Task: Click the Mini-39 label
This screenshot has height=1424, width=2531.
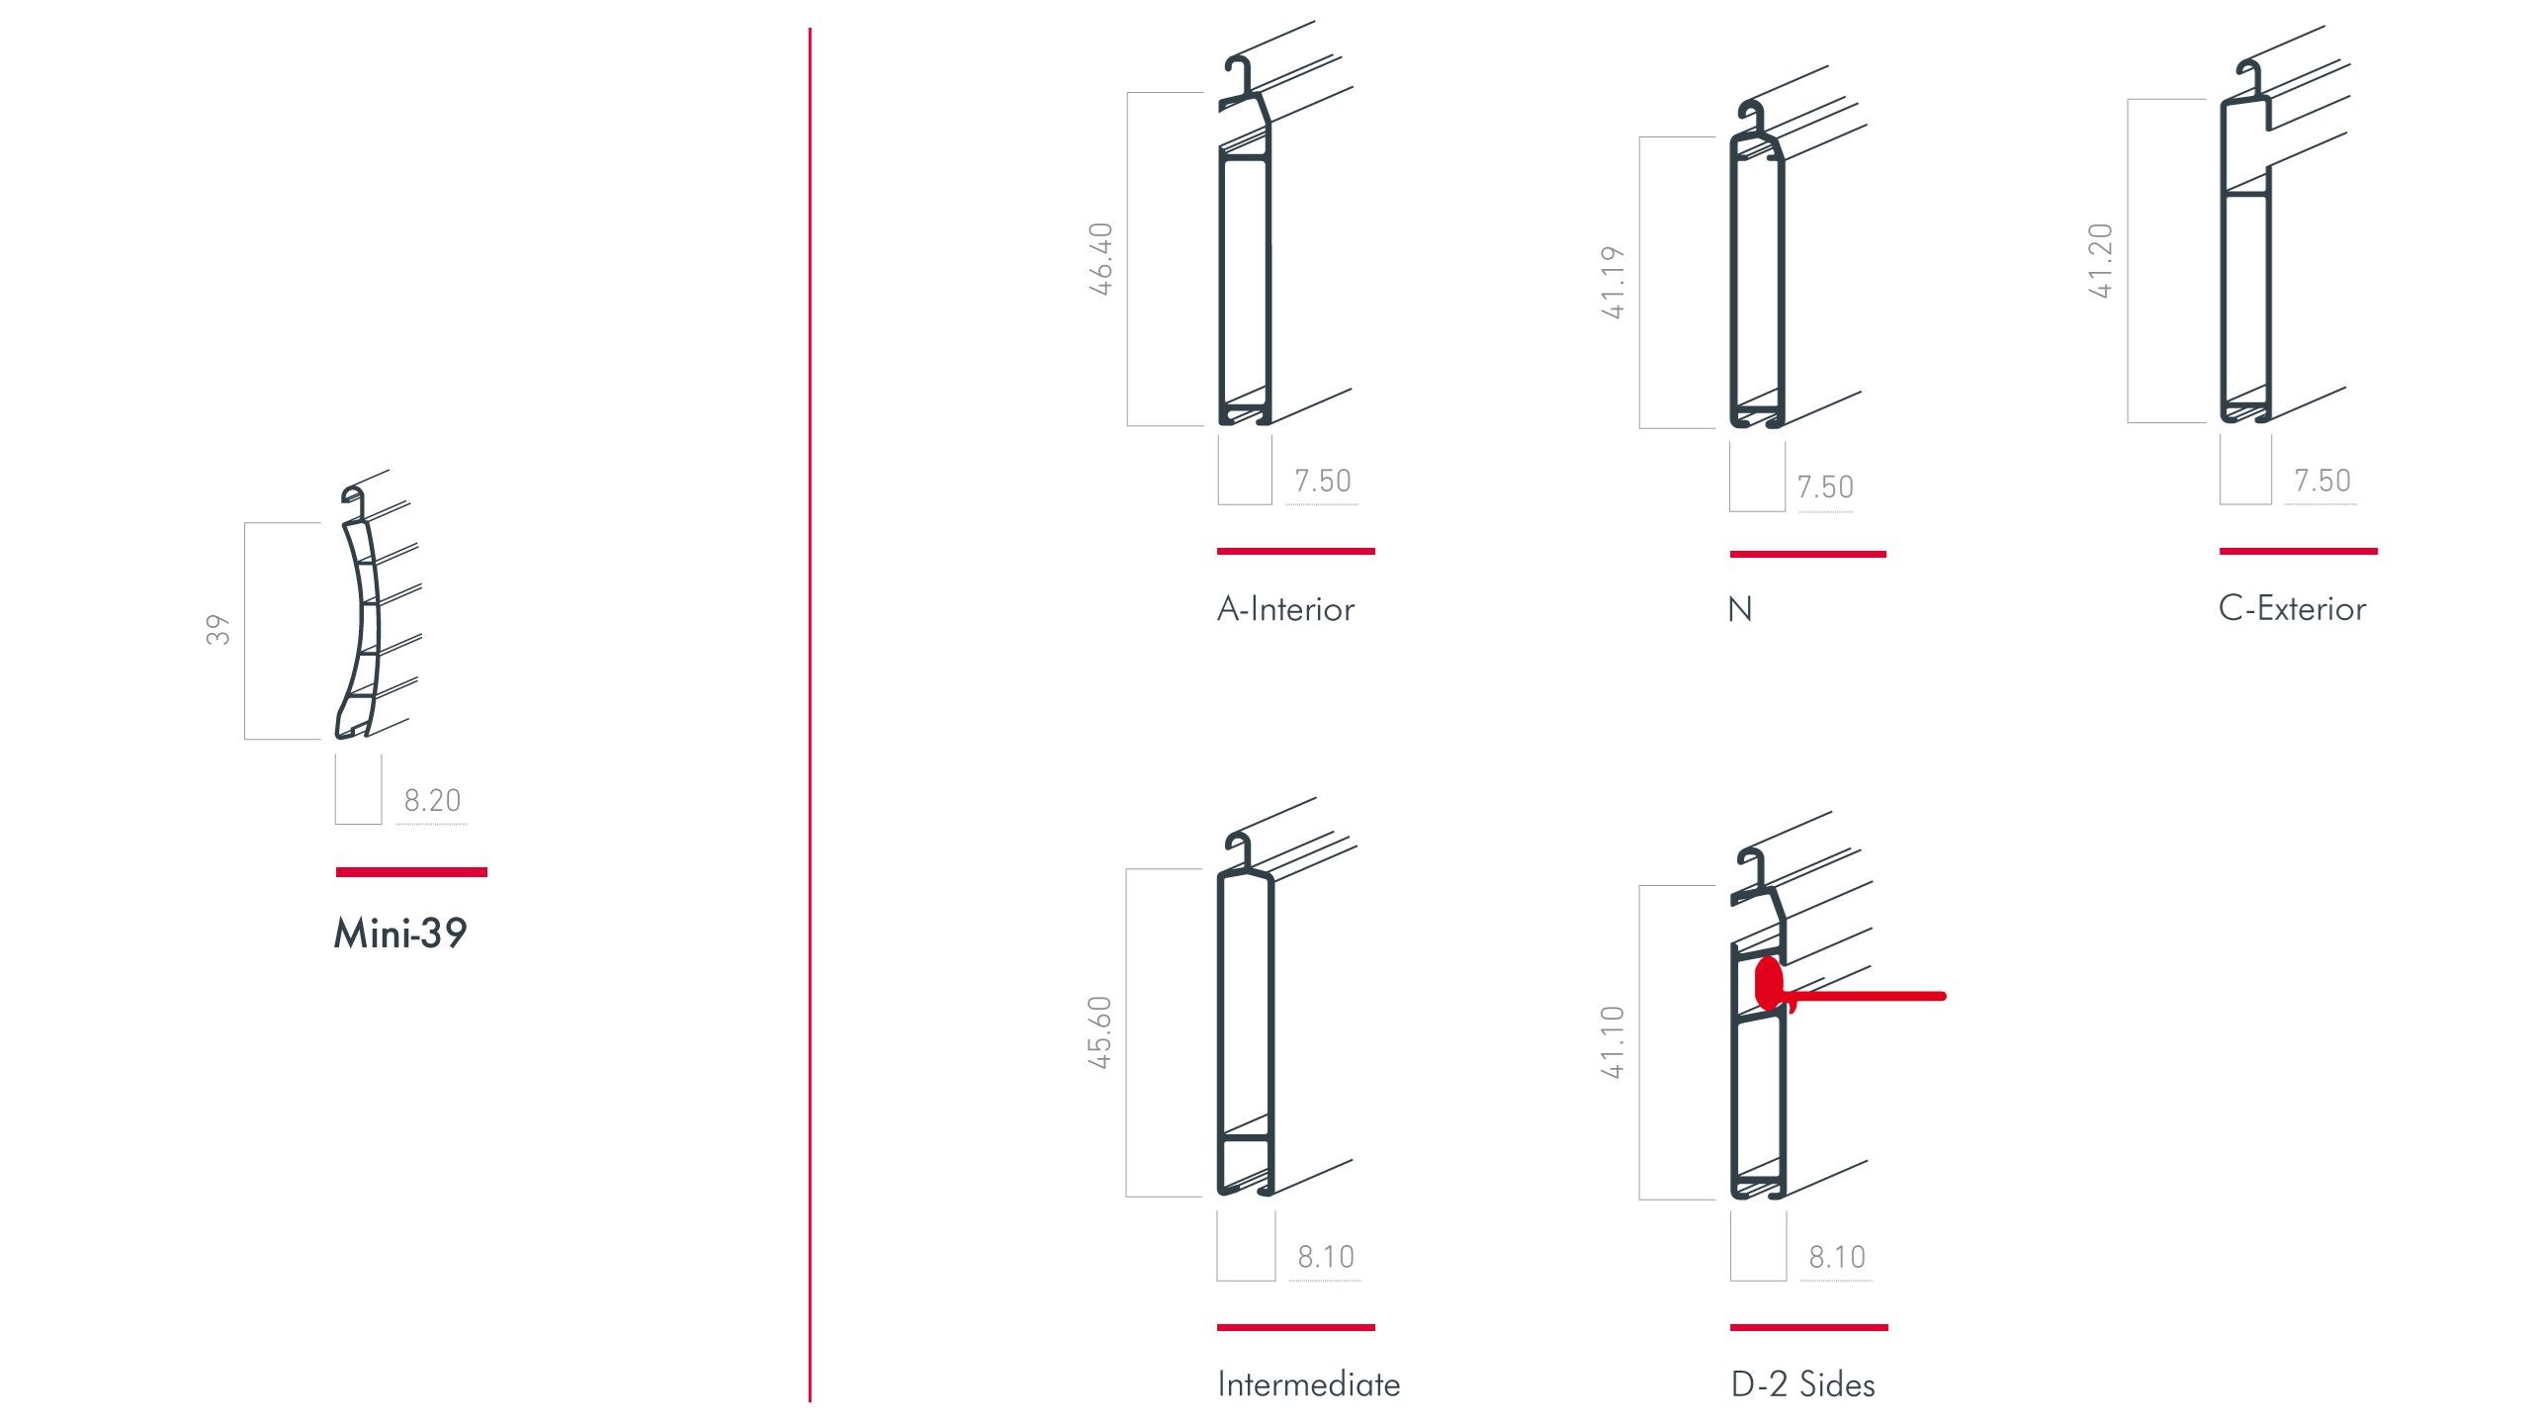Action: click(x=400, y=934)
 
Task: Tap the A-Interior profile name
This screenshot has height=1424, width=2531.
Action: click(x=1285, y=609)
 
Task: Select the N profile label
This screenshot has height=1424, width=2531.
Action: click(x=1740, y=609)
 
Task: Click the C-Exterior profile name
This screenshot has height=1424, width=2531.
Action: click(x=2292, y=608)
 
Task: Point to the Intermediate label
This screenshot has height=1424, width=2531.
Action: click(x=1309, y=1384)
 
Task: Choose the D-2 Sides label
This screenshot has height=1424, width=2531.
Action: click(x=1802, y=1384)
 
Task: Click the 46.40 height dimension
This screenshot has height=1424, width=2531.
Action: click(x=1100, y=259)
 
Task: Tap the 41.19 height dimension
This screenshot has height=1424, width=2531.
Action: click(x=1613, y=283)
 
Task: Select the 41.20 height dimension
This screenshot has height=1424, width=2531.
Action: click(x=2100, y=261)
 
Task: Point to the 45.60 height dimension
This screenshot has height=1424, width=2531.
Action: click(x=1099, y=1032)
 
